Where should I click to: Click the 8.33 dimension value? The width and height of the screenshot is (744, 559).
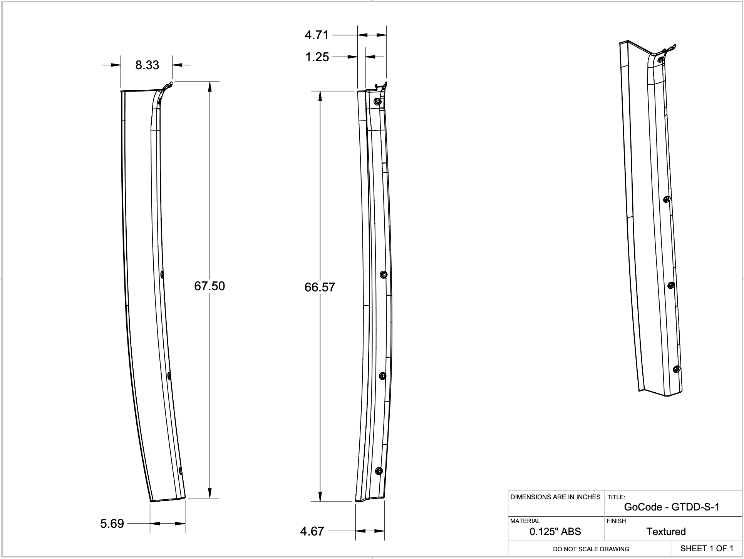[x=147, y=65]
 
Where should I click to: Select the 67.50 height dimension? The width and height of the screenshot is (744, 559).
[x=209, y=286]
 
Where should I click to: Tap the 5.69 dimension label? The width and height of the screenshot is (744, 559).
[x=112, y=524]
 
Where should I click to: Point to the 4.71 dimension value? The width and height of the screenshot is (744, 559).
[x=317, y=35]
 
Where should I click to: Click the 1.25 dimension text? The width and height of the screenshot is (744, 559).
[x=317, y=57]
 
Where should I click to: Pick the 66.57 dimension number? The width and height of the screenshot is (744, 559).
[x=320, y=287]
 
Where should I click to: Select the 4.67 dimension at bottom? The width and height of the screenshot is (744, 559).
[x=312, y=532]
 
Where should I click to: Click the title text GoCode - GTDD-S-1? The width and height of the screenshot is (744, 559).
[x=672, y=507]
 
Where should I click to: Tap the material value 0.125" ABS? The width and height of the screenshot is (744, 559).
[x=555, y=532]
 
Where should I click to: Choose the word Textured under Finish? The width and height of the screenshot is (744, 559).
[x=666, y=532]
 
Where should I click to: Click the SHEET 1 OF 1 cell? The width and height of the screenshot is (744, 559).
[x=707, y=548]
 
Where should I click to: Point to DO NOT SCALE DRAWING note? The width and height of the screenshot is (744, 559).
[x=591, y=549]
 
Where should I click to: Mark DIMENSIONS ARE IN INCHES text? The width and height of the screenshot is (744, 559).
[x=555, y=497]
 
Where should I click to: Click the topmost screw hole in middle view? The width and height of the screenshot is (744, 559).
[x=378, y=102]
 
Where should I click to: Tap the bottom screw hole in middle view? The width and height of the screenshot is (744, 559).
[x=379, y=471]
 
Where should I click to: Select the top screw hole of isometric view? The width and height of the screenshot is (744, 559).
[x=661, y=60]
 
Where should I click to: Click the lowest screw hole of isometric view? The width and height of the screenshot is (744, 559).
[x=676, y=369]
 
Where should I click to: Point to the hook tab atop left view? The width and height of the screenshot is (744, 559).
[x=168, y=86]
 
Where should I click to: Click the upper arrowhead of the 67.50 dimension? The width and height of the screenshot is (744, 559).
[x=210, y=87]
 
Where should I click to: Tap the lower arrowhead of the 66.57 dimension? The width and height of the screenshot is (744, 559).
[x=320, y=497]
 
